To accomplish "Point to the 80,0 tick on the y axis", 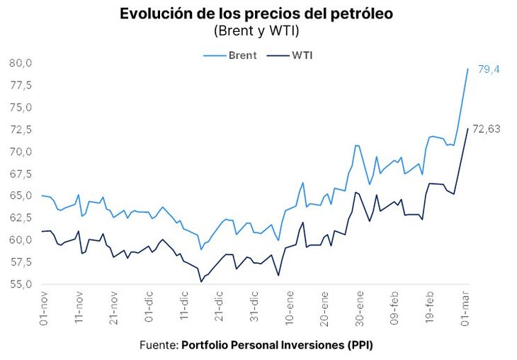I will point(21,63).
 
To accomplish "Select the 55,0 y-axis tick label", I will point(21,284).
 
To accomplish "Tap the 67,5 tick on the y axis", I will point(21,174).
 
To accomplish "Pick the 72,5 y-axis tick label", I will point(21,130).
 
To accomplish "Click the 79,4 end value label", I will point(489,69).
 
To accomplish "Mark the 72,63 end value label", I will point(487,129).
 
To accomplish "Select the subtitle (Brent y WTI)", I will point(256,30).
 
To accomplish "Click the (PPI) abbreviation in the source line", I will point(358,345).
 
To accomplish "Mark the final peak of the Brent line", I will point(467,69).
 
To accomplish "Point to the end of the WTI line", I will point(467,129).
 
